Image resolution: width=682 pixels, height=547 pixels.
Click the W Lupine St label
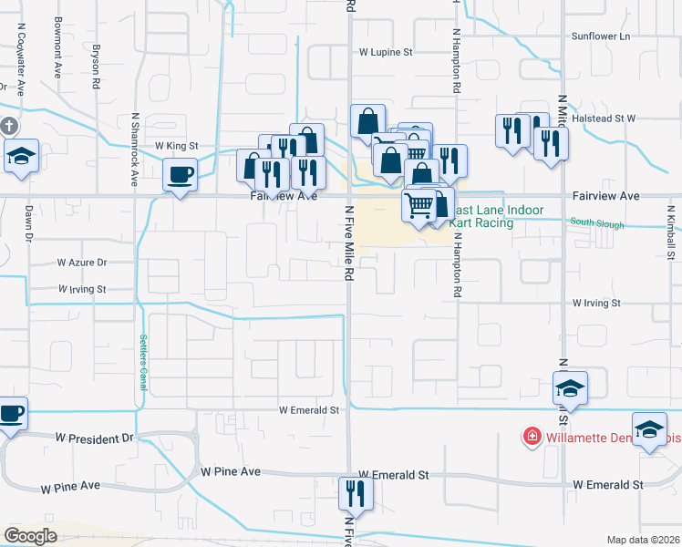386,53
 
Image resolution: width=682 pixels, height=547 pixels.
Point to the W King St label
176,146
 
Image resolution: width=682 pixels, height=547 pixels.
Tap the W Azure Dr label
82,262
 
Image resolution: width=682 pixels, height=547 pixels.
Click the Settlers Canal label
143,363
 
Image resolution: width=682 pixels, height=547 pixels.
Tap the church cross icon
8,126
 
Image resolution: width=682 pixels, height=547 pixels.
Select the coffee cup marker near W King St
180,172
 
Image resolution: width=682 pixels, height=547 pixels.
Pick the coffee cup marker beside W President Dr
12,413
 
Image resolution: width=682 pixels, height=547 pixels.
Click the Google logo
31,536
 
